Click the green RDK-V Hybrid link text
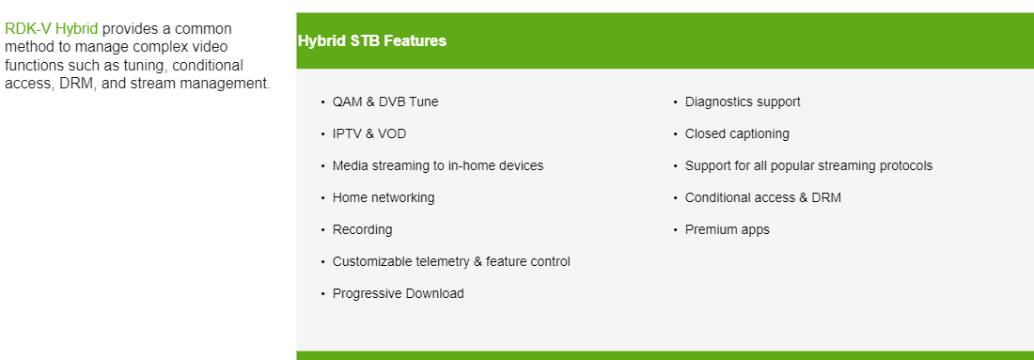tap(51, 29)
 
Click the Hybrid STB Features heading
tap(371, 41)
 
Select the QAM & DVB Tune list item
tap(385, 102)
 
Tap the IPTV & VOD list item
tap(369, 133)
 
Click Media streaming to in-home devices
tap(438, 165)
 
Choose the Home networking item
tap(384, 197)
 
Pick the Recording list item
tap(362, 229)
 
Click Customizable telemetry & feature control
tap(451, 261)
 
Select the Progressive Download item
tap(399, 293)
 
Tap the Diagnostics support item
tap(743, 102)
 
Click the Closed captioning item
tap(737, 133)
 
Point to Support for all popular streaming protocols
tap(808, 165)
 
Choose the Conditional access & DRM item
tap(763, 197)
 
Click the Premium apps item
tap(728, 229)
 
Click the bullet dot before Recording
tap(322, 230)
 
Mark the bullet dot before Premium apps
tap(675, 230)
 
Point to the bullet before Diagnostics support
tap(675, 102)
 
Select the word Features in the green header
tap(418, 41)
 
